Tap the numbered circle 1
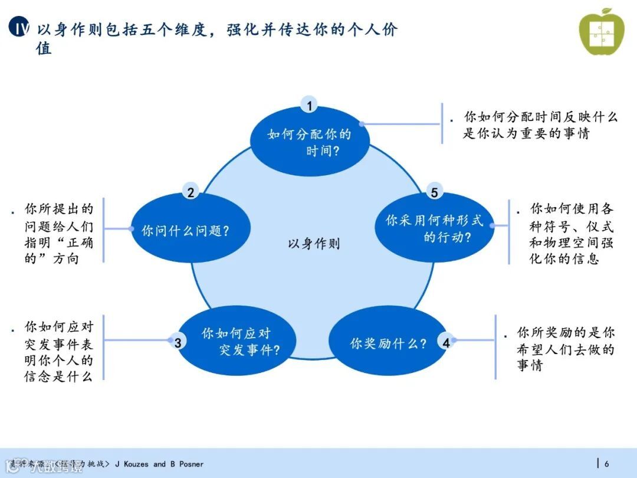[309, 106]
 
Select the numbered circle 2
[191, 192]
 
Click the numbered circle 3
[178, 342]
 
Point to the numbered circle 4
[446, 342]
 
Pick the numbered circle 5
[434, 192]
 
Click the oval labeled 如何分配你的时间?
[310, 142]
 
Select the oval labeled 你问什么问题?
[185, 231]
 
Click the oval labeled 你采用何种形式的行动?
[435, 229]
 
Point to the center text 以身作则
[314, 244]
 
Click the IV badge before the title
[20, 28]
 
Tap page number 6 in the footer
[606, 464]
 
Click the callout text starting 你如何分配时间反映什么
[540, 125]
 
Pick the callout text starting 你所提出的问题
[58, 234]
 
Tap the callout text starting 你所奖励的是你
[565, 349]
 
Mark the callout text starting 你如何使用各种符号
[571, 234]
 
